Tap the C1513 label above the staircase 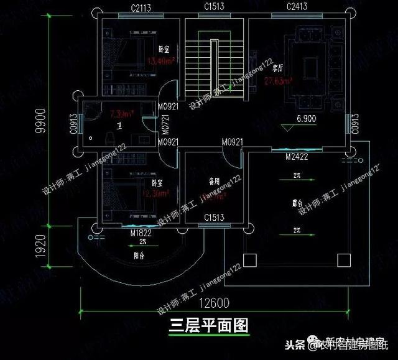pos(215,8)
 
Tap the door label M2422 pos(297,158)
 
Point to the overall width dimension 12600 pos(215,304)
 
